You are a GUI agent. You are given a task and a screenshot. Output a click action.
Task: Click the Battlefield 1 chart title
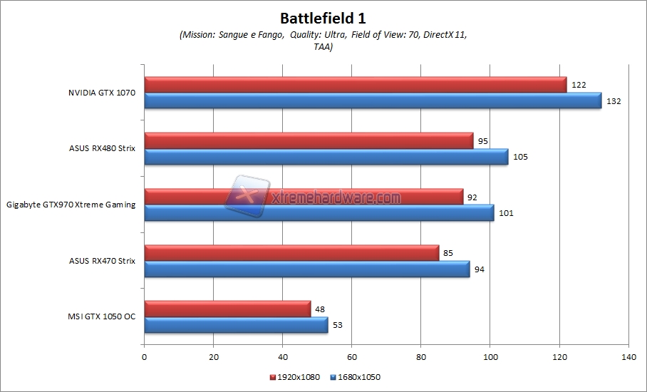(x=323, y=16)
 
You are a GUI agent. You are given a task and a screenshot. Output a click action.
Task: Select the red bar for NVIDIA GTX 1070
(x=355, y=85)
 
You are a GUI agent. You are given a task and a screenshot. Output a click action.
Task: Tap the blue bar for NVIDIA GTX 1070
(x=372, y=100)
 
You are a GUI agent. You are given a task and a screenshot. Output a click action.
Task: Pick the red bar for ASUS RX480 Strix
(x=308, y=141)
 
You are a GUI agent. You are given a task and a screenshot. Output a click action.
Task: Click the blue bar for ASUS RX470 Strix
(x=306, y=269)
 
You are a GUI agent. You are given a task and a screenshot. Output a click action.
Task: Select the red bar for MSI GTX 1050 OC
(x=227, y=309)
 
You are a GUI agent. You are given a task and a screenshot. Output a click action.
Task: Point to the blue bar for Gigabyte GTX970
(x=319, y=212)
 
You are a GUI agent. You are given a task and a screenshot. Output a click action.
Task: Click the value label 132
(x=614, y=101)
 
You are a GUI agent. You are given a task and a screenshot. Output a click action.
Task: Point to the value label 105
(x=520, y=157)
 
